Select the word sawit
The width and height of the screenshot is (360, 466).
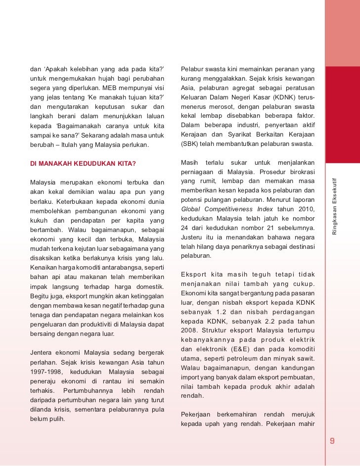pos(305,359)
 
